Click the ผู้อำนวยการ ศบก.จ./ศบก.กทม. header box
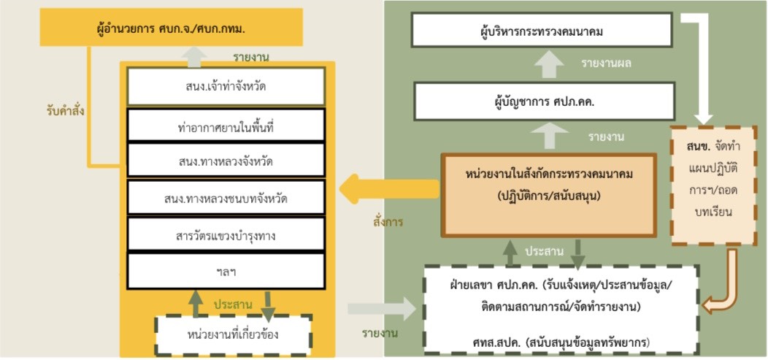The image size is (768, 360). pos(172,28)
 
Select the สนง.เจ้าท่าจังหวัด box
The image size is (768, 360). pos(226,87)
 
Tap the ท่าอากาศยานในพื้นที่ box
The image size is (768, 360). pos(226,126)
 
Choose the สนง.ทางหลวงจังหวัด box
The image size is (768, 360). pos(226,160)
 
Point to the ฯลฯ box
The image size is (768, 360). pos(226,271)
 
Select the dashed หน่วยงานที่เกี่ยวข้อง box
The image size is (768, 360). pos(233,335)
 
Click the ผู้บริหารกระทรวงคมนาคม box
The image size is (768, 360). pos(541,31)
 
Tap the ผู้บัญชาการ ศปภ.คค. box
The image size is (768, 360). pos(544,101)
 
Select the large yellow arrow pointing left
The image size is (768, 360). pos(390,190)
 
